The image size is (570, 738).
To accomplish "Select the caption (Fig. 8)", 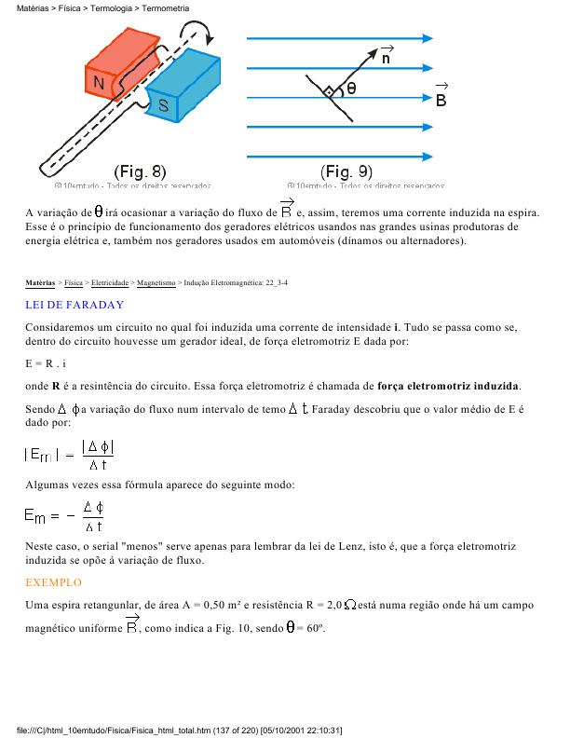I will (x=140, y=171).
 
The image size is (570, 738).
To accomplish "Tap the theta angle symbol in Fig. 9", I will (x=351, y=89).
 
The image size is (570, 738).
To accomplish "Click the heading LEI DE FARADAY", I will (x=75, y=305).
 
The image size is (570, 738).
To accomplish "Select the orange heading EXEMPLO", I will (x=54, y=582).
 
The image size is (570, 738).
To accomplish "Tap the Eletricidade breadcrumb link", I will (x=110, y=280).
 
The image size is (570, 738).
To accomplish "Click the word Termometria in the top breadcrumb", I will (x=167, y=8).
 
